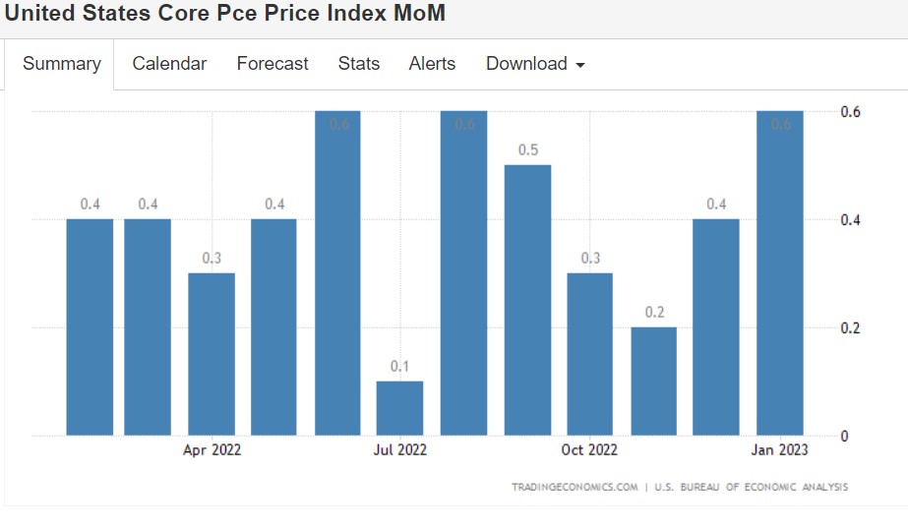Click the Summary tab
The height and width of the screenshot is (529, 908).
click(x=61, y=64)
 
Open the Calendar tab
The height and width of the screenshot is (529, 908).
click(x=169, y=64)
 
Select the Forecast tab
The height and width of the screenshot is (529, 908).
click(x=272, y=64)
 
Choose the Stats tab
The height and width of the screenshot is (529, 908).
click(x=359, y=64)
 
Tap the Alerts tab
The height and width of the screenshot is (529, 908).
click(x=432, y=64)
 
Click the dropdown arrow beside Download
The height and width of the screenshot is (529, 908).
click(x=580, y=65)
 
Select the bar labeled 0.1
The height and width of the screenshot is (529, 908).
click(x=399, y=408)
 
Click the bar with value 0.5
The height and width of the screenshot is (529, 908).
click(x=528, y=300)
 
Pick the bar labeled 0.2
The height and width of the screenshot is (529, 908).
click(x=654, y=381)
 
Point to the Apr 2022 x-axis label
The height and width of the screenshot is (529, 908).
click(x=212, y=450)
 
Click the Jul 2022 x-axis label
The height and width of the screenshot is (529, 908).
click(x=399, y=450)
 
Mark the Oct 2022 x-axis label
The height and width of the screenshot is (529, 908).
click(x=589, y=450)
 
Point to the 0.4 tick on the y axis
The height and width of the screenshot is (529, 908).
click(x=851, y=219)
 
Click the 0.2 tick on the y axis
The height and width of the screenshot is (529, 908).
click(x=851, y=327)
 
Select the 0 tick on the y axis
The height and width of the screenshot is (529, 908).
click(x=844, y=436)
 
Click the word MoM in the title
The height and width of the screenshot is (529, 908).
click(x=413, y=14)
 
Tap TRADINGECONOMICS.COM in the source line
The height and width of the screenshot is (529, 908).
click(x=575, y=487)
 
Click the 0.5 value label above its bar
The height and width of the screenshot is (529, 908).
click(x=528, y=150)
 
